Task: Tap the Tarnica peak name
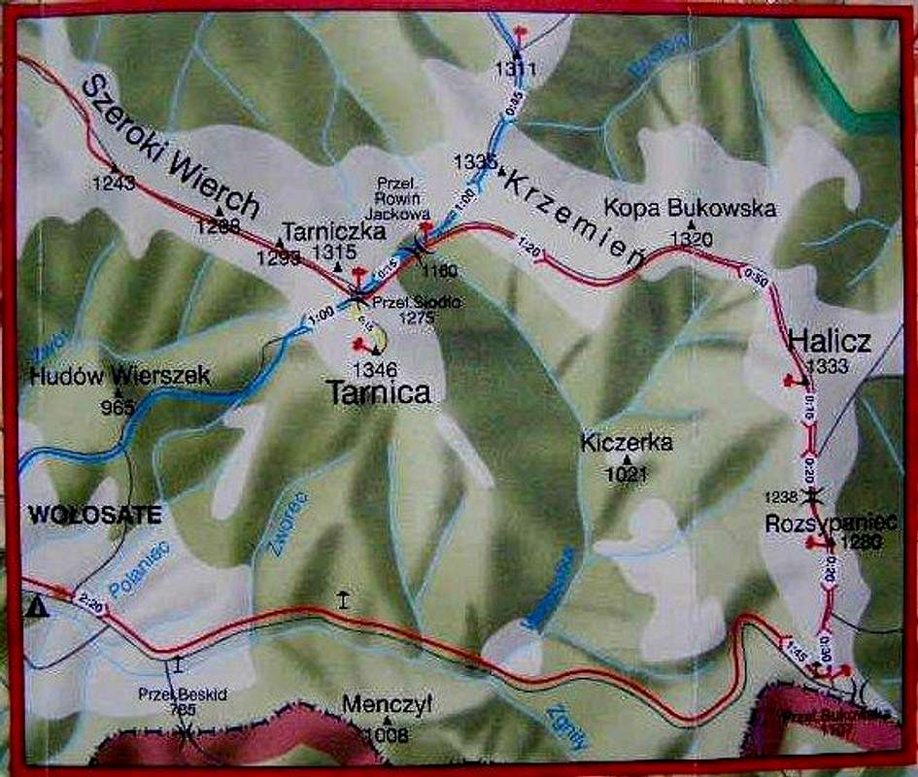[377, 391]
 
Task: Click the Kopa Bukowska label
[690, 208]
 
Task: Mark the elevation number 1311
[515, 68]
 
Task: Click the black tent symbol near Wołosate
[38, 608]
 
